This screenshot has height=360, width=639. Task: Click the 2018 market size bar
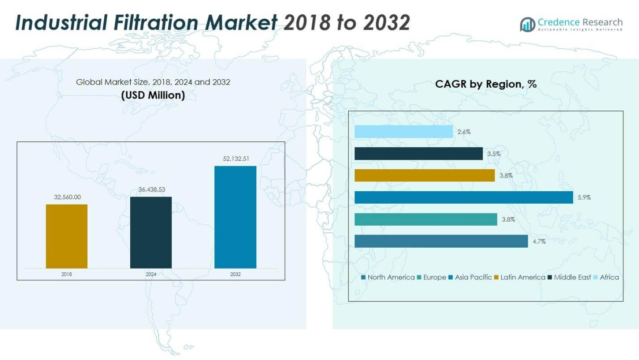pos(67,236)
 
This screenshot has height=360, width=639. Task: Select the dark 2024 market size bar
pos(151,232)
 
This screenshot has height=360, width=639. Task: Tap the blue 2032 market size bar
pos(235,217)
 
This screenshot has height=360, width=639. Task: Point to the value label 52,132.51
pos(235,159)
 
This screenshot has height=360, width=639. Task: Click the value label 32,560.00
pos(67,197)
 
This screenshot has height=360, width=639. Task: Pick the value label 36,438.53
pos(151,189)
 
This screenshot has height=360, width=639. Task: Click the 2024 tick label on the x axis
pos(151,274)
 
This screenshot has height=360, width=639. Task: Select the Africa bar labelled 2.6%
pos(404,132)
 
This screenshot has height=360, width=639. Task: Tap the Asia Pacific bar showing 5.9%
pos(464,197)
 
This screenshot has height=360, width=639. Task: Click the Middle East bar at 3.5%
pos(418,154)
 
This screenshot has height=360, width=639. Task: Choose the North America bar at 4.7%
pos(441,241)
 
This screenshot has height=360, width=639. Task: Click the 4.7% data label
pos(539,241)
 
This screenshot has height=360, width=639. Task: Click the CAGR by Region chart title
pos(486,84)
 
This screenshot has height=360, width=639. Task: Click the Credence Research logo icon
pos(527,24)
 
